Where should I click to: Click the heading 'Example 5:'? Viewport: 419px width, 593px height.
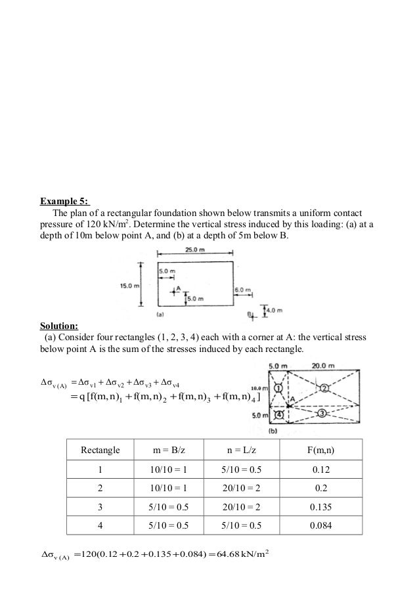tap(66, 201)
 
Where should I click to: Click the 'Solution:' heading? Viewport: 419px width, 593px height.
tap(58, 326)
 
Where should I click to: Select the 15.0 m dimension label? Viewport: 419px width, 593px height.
tap(129, 286)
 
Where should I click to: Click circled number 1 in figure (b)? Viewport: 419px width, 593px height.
tap(278, 387)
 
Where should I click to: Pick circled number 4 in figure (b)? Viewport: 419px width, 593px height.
tap(278, 415)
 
